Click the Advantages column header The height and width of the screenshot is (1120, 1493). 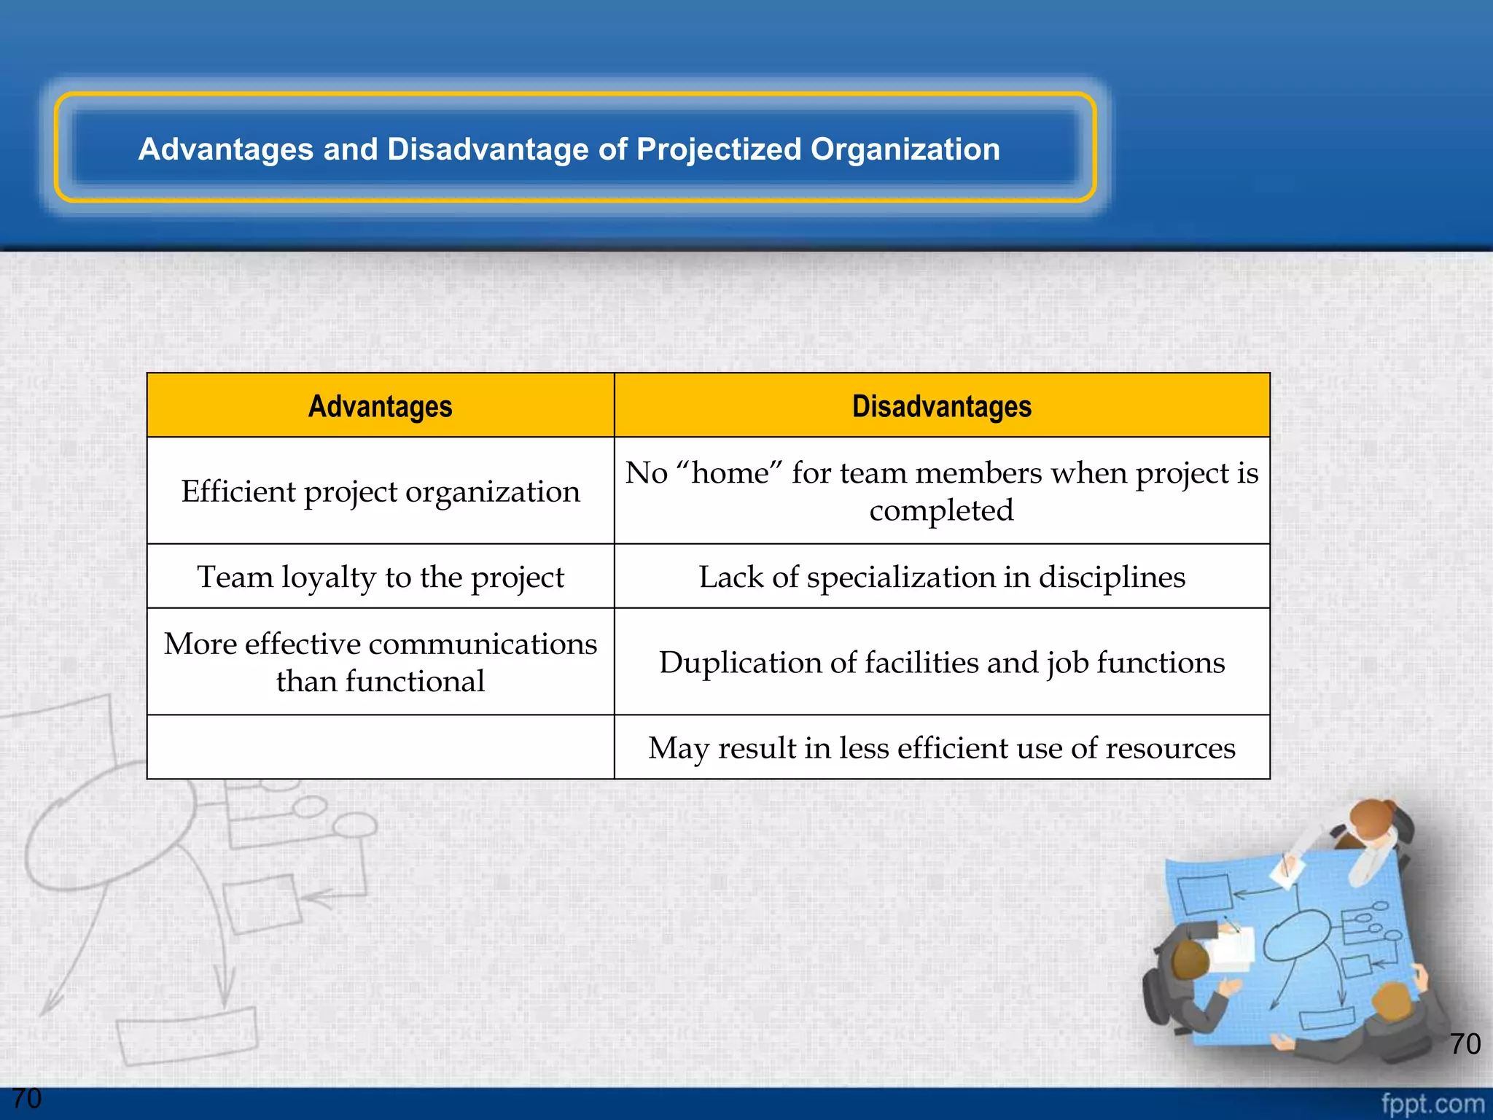(x=380, y=406)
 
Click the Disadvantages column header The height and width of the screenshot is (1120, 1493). (x=941, y=406)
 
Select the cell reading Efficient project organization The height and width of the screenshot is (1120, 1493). (x=380, y=491)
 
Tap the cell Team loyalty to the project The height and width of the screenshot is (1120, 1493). (x=380, y=577)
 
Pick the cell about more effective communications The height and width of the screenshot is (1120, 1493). (x=380, y=662)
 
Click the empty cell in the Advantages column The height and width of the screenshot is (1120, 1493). (x=380, y=747)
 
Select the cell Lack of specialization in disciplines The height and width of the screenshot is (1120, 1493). (x=941, y=577)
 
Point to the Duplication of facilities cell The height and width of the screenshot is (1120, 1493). (x=941, y=662)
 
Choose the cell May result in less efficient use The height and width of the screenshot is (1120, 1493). (x=941, y=747)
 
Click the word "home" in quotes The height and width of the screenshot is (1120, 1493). (x=730, y=473)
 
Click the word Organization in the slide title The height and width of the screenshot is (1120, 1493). (x=905, y=149)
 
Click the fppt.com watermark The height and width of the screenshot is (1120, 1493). (x=1432, y=1103)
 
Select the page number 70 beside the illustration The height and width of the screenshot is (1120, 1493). (x=1465, y=1043)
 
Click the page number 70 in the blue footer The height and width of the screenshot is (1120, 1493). (x=27, y=1098)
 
